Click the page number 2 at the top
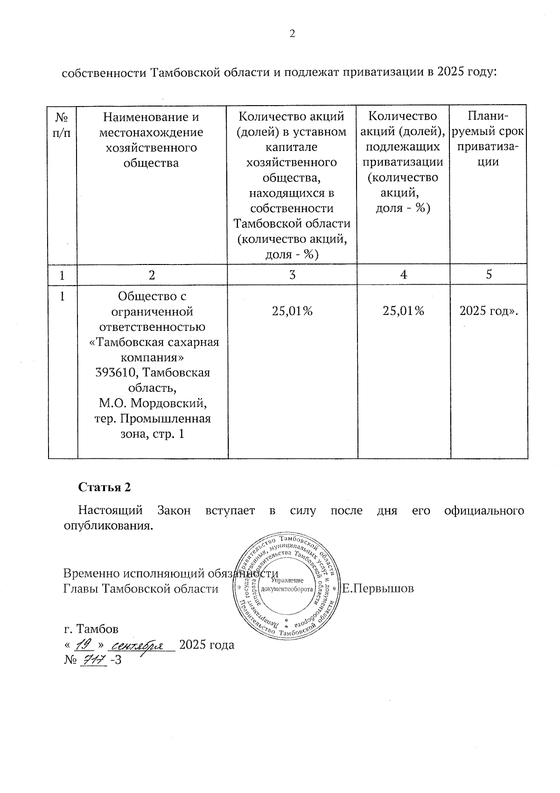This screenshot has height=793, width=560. tap(293, 34)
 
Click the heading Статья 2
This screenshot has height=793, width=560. tap(105, 487)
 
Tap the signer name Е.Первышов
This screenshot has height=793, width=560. tap(378, 588)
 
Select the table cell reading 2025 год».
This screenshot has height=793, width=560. tap(489, 311)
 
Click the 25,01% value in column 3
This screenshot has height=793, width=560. tap(292, 311)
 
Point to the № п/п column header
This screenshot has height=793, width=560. tap(63, 124)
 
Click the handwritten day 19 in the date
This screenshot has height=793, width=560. tap(84, 645)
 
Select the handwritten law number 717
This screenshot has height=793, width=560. tap(94, 661)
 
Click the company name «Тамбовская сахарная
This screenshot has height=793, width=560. tap(154, 342)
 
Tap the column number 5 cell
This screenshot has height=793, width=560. tap(489, 275)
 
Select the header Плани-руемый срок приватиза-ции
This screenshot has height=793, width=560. tap(489, 139)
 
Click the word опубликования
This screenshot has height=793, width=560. tap(108, 525)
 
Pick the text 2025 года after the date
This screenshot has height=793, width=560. tap(207, 645)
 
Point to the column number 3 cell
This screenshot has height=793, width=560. tap(292, 275)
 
